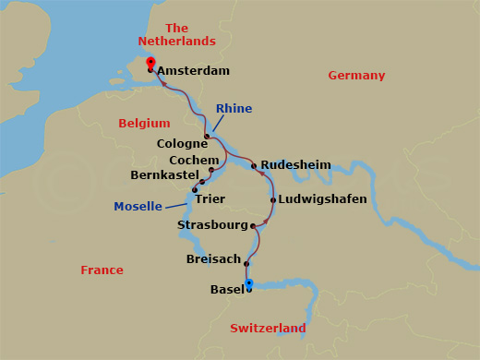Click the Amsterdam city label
[193, 70]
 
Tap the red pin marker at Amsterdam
[150, 63]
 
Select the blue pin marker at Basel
[249, 283]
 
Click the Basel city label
[227, 290]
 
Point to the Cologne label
[183, 144]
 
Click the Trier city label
[210, 198]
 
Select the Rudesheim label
[295, 164]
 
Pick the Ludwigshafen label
[324, 199]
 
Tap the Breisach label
[213, 259]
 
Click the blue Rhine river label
[234, 109]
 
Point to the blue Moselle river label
[138, 206]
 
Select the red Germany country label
[356, 76]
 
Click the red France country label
[102, 270]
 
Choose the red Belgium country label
[145, 124]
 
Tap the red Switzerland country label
[268, 329]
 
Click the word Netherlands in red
[176, 42]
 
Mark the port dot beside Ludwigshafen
[273, 199]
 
